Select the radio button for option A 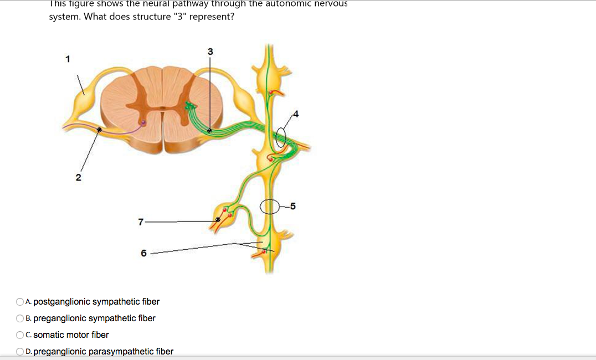[20, 302]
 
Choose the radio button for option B [20, 318]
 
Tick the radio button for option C [20, 335]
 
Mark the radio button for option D [20, 352]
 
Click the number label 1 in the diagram [68, 59]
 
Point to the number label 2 [78, 178]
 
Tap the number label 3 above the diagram [210, 52]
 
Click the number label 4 [296, 115]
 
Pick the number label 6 [143, 253]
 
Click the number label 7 [141, 222]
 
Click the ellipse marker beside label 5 [271, 207]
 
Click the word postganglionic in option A [61, 302]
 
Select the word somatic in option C [48, 335]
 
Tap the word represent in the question [210, 17]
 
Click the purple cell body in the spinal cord [143, 123]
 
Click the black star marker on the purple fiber [99, 130]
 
